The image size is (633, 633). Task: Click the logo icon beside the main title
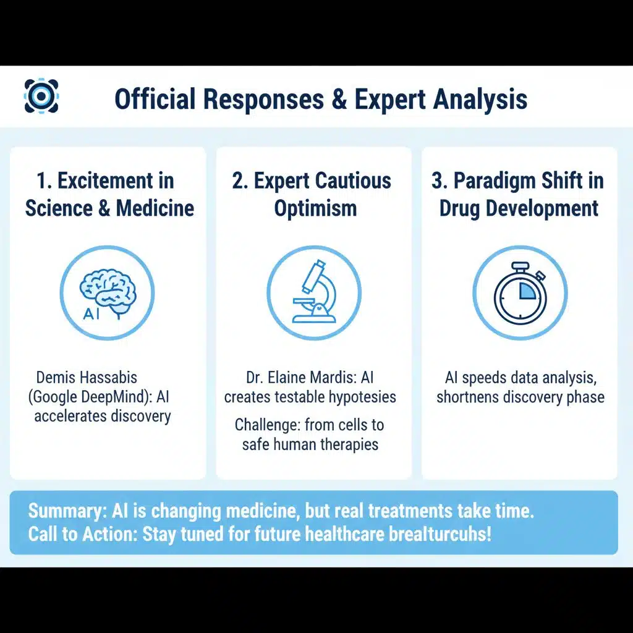(41, 96)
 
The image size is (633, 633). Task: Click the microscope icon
(314, 292)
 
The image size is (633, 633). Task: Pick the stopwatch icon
(519, 292)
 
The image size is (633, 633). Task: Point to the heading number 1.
(44, 181)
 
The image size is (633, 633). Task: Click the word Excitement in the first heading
(105, 181)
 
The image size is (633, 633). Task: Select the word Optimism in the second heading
(315, 208)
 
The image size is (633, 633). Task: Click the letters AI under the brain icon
(90, 313)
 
